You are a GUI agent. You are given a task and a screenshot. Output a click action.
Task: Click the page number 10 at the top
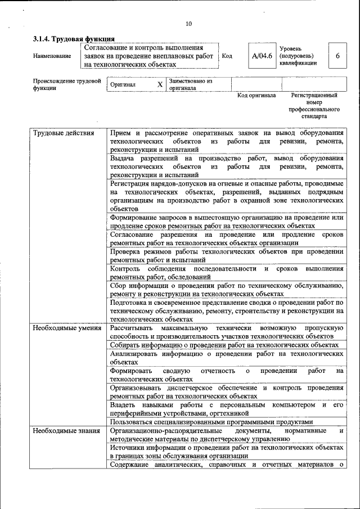point(188,24)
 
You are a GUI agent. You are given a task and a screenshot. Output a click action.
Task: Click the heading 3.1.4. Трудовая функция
point(74,39)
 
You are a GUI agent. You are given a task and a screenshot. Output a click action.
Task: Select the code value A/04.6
point(262,56)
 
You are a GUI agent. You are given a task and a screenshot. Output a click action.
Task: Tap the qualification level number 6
point(337,56)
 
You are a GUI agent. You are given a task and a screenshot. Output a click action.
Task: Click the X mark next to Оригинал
point(160,85)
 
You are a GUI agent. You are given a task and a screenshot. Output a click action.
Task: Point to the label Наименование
point(52,56)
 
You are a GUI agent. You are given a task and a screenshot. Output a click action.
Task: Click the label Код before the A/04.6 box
point(227,56)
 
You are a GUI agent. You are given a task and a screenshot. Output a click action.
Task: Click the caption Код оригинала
point(256,96)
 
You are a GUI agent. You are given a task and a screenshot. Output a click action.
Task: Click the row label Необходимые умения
point(67,327)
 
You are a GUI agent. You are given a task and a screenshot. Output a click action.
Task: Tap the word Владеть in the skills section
point(123,405)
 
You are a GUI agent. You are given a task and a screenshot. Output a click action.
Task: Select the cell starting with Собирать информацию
point(224,345)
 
